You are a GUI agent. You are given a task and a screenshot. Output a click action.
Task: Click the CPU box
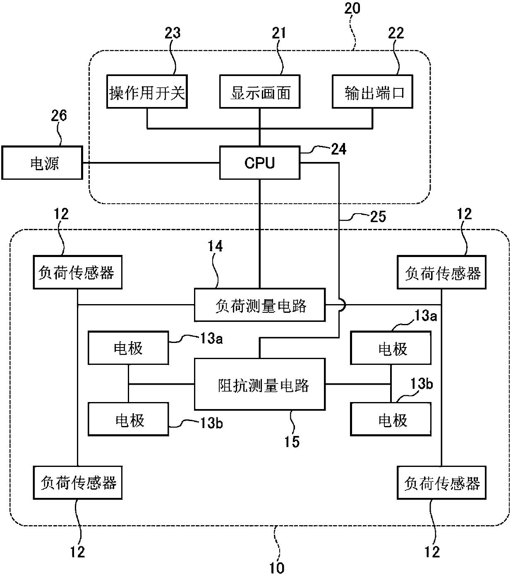259,163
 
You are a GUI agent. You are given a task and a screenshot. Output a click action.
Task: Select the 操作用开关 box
147,92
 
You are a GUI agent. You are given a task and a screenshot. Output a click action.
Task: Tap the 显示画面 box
259,92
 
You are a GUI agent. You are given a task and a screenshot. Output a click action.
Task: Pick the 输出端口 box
372,92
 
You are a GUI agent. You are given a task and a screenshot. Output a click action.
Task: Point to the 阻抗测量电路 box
259,385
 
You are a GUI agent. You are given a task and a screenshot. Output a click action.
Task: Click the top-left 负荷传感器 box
77,272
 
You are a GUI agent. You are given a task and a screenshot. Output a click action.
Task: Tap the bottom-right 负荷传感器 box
441,483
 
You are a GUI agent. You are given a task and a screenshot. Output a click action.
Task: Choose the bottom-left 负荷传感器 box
77,483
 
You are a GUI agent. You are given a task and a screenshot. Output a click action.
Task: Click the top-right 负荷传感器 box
441,272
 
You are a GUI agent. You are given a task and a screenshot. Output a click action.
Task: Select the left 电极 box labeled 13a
128,348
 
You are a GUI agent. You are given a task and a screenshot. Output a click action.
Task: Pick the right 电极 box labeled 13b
391,419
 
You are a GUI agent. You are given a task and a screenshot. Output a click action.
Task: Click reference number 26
58,116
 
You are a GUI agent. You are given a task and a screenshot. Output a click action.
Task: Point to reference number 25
377,216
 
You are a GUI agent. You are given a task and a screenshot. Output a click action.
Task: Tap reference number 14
216,247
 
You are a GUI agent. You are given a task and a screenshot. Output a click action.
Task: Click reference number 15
291,442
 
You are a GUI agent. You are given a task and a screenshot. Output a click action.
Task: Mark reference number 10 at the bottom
276,567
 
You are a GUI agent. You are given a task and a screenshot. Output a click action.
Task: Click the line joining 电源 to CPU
151,163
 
